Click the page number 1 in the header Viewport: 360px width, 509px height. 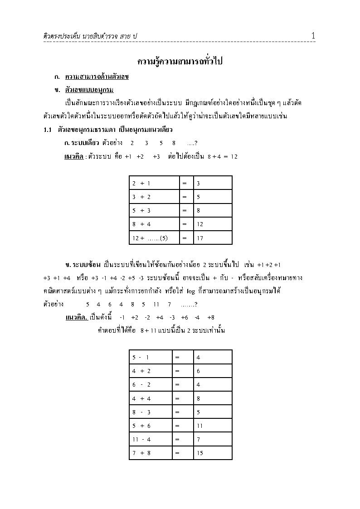[x=313, y=35]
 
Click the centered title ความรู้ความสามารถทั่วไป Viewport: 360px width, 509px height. [x=180, y=61]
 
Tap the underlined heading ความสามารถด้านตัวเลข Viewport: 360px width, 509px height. [x=97, y=77]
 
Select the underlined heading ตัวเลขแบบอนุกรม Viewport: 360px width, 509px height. [x=89, y=89]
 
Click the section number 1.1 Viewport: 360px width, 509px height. [x=49, y=130]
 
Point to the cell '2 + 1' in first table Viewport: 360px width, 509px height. [x=141, y=183]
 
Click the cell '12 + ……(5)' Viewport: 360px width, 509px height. [x=150, y=238]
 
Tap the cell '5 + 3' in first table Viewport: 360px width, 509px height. [x=141, y=210]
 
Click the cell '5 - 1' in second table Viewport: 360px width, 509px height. [x=141, y=357]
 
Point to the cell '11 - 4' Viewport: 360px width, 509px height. [x=141, y=439]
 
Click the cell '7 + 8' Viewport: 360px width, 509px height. [x=141, y=452]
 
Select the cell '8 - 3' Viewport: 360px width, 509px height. [x=141, y=412]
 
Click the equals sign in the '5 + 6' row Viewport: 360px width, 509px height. [x=177, y=425]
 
